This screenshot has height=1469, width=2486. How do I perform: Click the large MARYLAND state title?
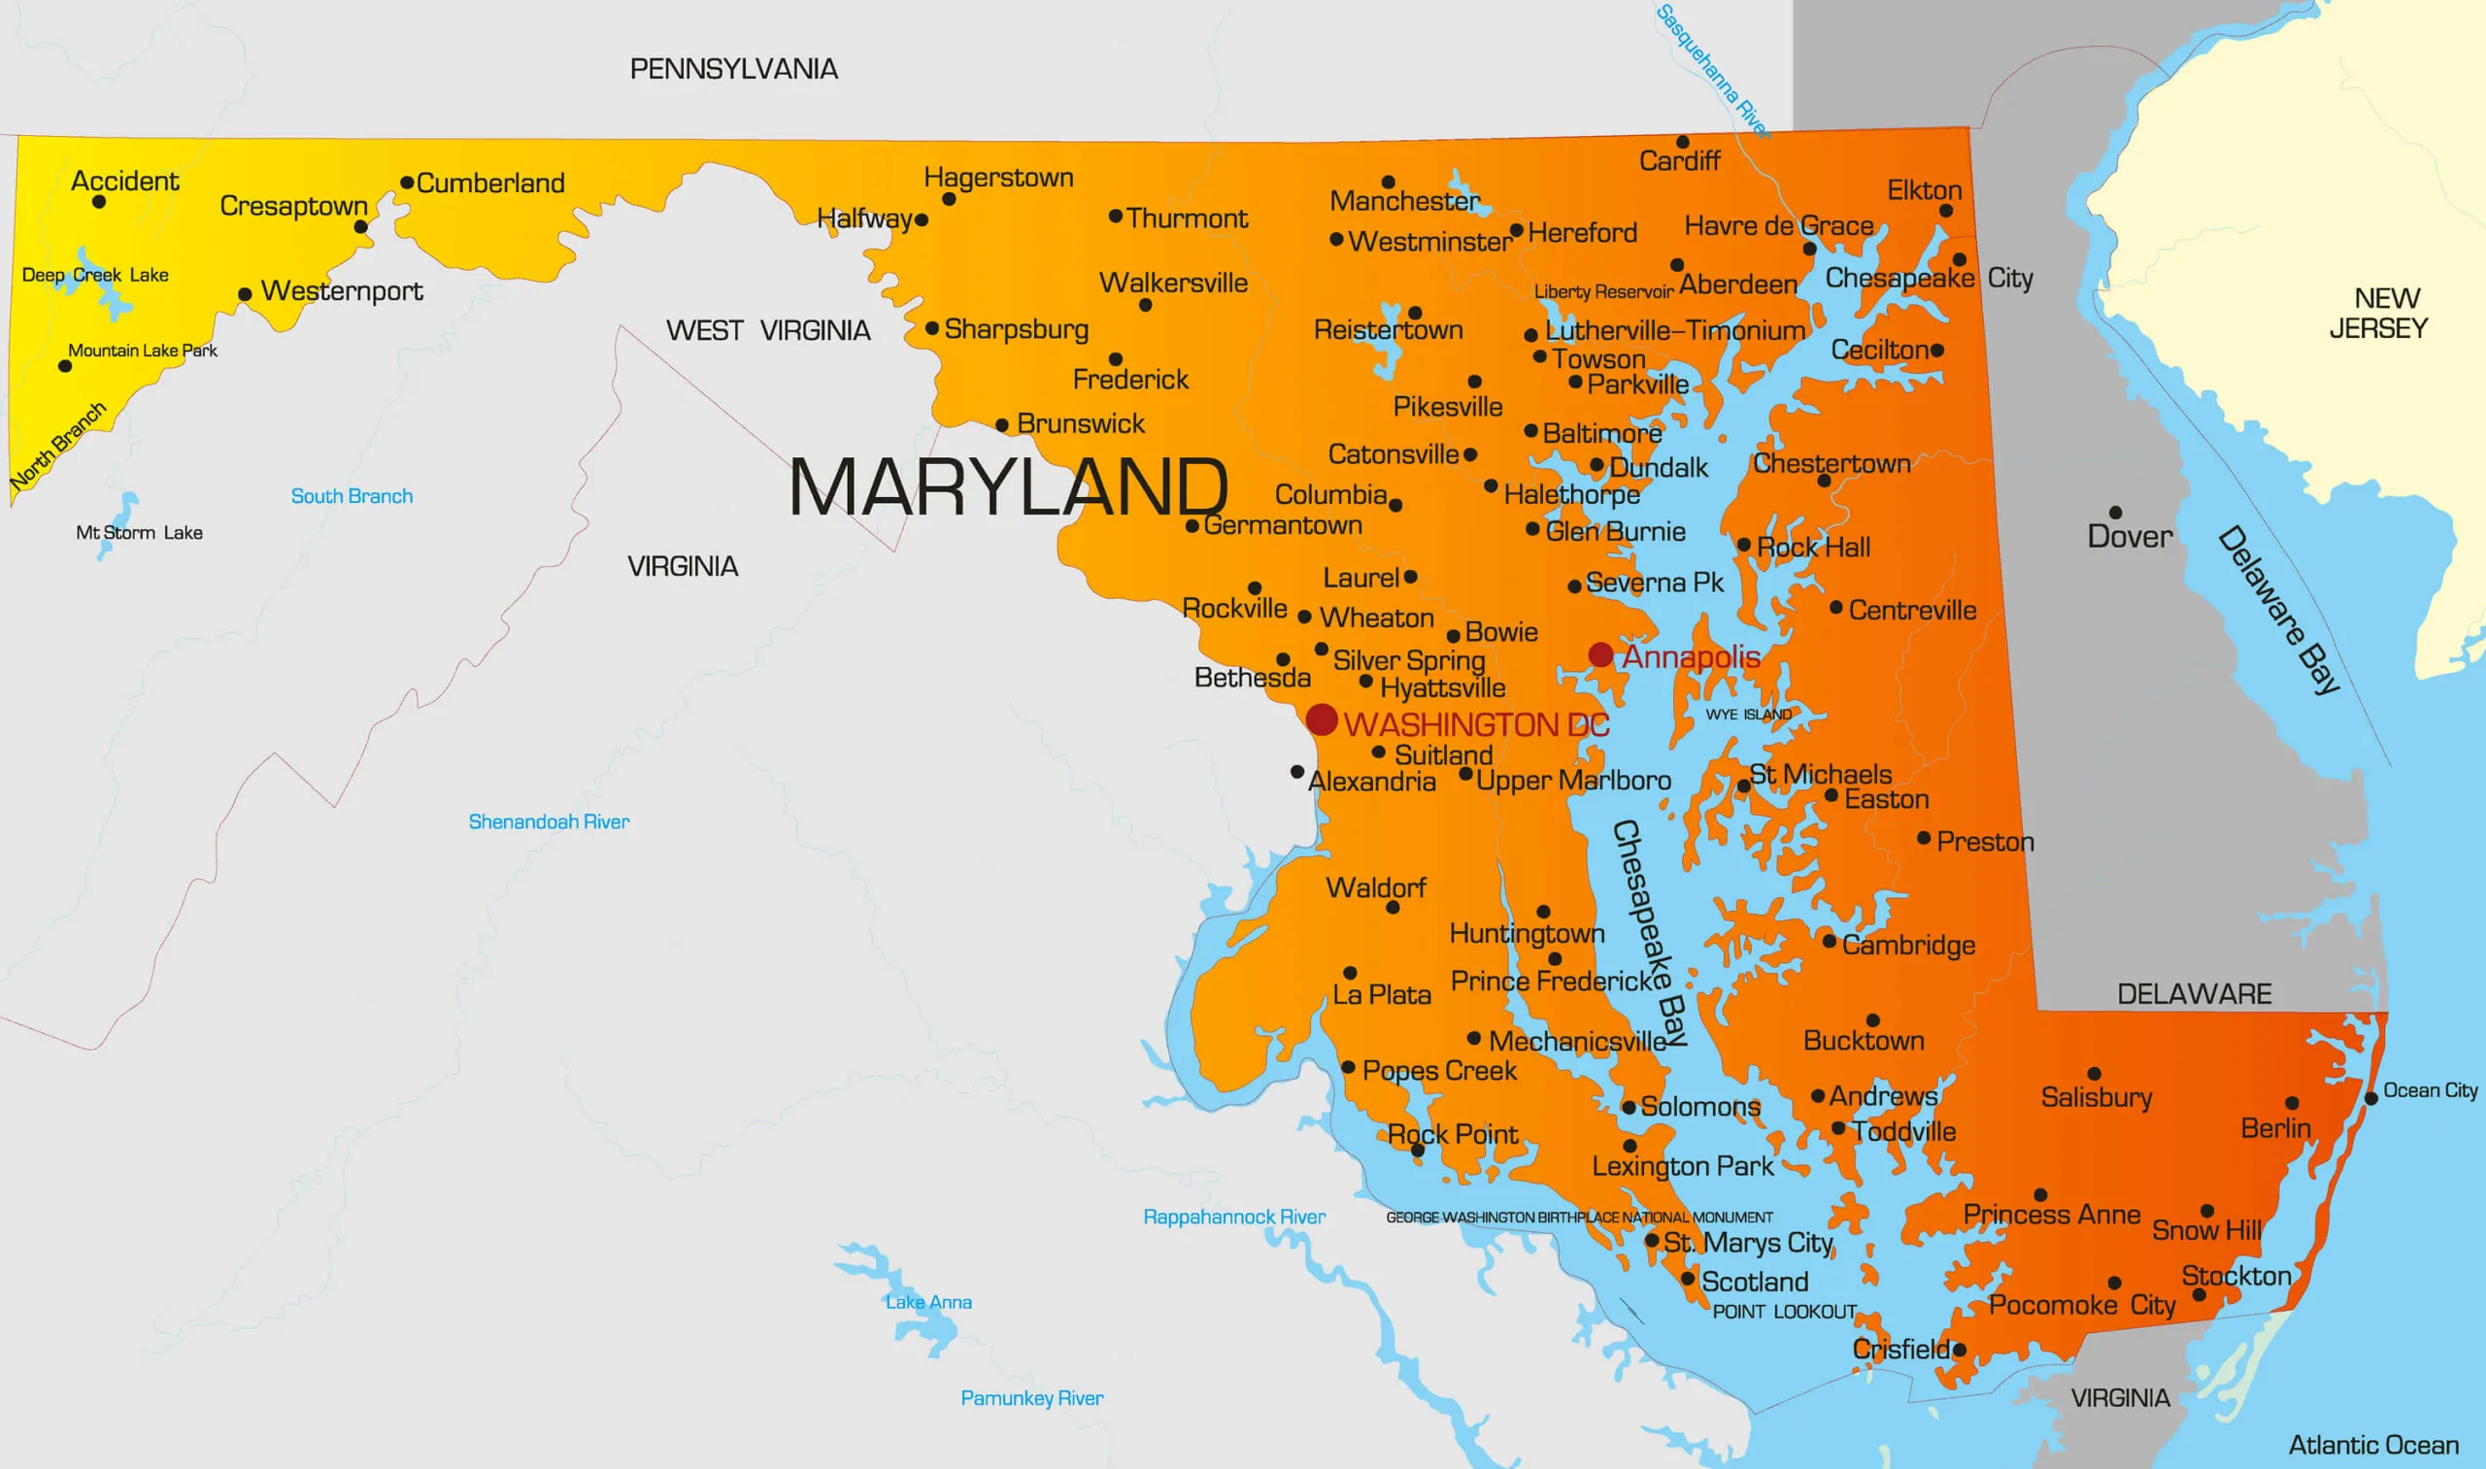click(x=1008, y=487)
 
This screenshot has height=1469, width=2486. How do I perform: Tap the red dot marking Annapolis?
click(x=1601, y=654)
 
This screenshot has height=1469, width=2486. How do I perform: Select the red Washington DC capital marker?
click(x=1322, y=719)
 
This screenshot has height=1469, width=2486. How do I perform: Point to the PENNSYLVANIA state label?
click(x=733, y=69)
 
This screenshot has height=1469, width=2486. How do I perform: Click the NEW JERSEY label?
click(x=2378, y=313)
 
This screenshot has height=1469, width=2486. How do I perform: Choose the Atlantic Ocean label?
click(x=2373, y=1446)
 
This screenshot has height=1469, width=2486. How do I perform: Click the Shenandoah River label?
click(x=549, y=821)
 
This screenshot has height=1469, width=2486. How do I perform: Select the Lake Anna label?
click(x=928, y=1302)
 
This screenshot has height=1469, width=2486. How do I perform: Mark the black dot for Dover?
click(x=2116, y=513)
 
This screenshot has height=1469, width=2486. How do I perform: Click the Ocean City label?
click(x=2430, y=1090)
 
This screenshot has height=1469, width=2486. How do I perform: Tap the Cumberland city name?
click(x=490, y=184)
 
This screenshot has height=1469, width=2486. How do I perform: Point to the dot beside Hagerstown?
click(x=949, y=199)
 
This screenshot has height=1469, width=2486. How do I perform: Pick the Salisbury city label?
click(x=2096, y=1097)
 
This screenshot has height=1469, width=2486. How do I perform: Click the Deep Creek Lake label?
click(x=95, y=275)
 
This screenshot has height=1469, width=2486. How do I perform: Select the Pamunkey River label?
click(x=1031, y=1398)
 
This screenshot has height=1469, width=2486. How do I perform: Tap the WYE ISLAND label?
click(x=1748, y=714)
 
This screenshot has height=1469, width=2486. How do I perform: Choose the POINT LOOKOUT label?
click(x=1784, y=1312)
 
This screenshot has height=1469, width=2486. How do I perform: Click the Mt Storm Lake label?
click(x=140, y=533)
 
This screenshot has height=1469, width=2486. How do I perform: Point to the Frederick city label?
click(x=1130, y=379)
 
